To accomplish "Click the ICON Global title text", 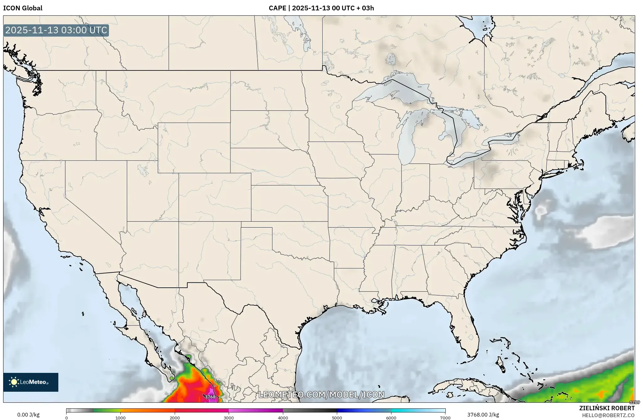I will [23, 8].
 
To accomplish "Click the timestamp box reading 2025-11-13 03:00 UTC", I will [56, 30].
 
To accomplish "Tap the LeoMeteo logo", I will [31, 382].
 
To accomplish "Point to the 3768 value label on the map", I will [210, 397].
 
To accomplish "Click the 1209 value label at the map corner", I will [635, 402].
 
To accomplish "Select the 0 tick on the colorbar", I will [66, 418].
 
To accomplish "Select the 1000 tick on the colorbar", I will [120, 418].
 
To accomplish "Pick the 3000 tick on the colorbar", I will [229, 418].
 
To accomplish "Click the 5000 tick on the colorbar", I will [337, 418].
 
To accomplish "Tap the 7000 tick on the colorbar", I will [445, 418].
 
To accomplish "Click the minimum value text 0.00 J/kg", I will [28, 415].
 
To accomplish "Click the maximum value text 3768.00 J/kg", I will [483, 415].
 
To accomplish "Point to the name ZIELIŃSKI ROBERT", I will [607, 408].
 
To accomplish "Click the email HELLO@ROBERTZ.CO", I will [608, 415].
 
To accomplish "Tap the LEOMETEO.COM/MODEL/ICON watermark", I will [321, 395].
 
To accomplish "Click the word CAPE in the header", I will [277, 8].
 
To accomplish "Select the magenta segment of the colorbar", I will [256, 410].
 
